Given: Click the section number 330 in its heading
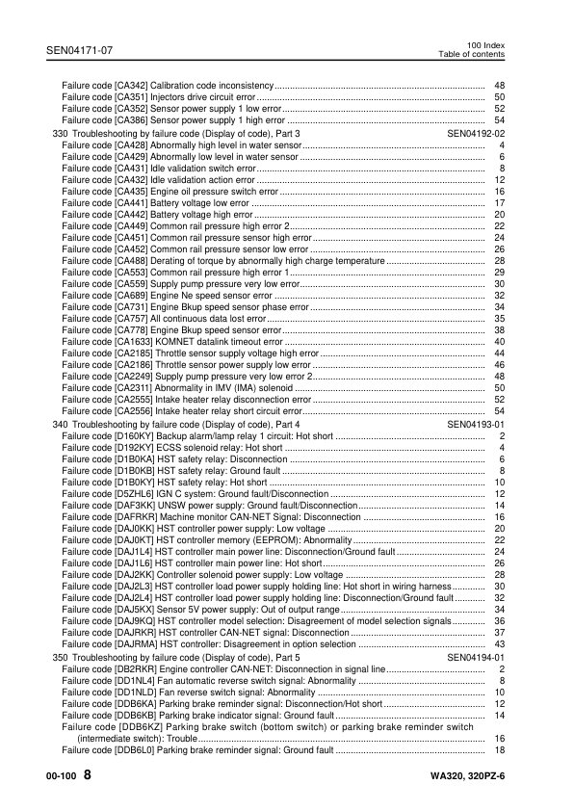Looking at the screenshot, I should pyautogui.click(x=60, y=133).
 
